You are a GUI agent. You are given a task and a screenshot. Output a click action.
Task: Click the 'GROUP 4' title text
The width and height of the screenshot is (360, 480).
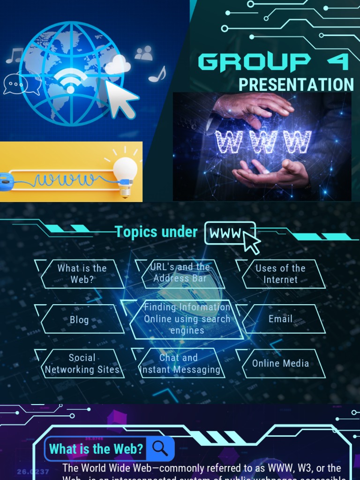pyautogui.click(x=273, y=62)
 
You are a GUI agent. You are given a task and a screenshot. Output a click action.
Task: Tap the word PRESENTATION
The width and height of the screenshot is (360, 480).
pyautogui.click(x=296, y=85)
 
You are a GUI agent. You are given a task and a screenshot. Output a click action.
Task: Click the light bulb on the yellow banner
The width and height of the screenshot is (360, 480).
pyautogui.click(x=125, y=175)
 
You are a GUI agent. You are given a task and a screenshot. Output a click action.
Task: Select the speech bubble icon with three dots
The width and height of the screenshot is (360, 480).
pyautogui.click(x=16, y=84)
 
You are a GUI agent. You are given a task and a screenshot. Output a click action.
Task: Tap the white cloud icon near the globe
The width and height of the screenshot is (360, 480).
pyautogui.click(x=117, y=65)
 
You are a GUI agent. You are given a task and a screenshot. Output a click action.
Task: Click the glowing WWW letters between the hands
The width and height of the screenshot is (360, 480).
pyautogui.click(x=263, y=142)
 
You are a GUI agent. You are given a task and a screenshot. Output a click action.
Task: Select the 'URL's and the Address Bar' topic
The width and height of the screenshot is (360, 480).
pyautogui.click(x=180, y=273)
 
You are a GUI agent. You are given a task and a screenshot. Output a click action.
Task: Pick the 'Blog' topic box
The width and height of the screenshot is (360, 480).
pyautogui.click(x=79, y=320)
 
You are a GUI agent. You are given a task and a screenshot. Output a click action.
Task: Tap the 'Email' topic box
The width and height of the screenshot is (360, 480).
pyautogui.click(x=280, y=319)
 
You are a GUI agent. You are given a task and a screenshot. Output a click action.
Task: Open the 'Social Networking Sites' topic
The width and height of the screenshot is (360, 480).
pyautogui.click(x=82, y=363)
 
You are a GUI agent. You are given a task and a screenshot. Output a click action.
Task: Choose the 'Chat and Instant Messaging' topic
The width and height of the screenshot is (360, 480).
pyautogui.click(x=180, y=363)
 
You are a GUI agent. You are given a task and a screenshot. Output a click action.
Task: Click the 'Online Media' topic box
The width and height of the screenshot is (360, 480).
pyautogui.click(x=280, y=363)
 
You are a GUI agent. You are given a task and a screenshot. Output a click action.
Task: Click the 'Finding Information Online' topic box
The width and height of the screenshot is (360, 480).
pyautogui.click(x=187, y=319)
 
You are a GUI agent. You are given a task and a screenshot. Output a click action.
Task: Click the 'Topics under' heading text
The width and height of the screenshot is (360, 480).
pyautogui.click(x=156, y=232)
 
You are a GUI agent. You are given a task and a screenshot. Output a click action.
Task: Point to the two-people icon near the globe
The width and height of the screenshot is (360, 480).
pyautogui.click(x=143, y=53)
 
